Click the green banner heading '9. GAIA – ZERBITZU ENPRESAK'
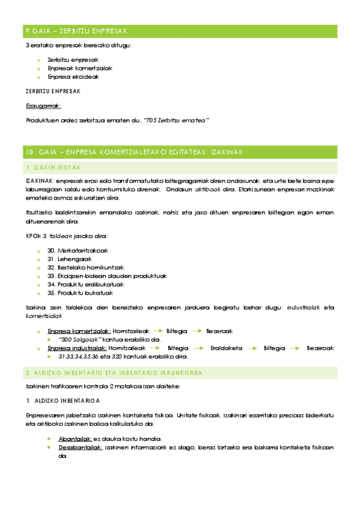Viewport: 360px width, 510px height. (84, 31)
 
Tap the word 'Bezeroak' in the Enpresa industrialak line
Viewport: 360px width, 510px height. (319, 348)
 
